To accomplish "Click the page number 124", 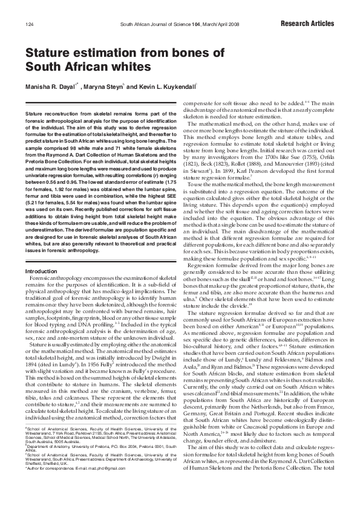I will point(30,24).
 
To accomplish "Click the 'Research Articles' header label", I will point(307,24).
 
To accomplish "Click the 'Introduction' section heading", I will point(41,271).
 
